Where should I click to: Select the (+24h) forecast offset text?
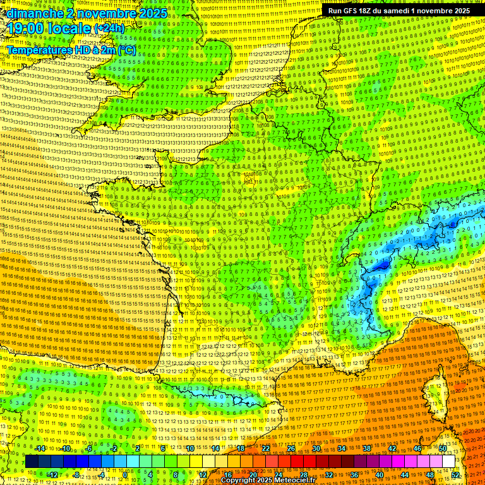109,28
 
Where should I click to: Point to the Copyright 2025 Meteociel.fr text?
268,481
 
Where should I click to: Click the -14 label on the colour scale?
40,448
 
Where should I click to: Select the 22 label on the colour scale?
265,448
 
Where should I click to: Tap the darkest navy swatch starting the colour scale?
31,462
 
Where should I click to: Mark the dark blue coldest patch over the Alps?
381,266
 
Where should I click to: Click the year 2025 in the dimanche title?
153,13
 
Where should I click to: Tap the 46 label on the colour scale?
417,448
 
